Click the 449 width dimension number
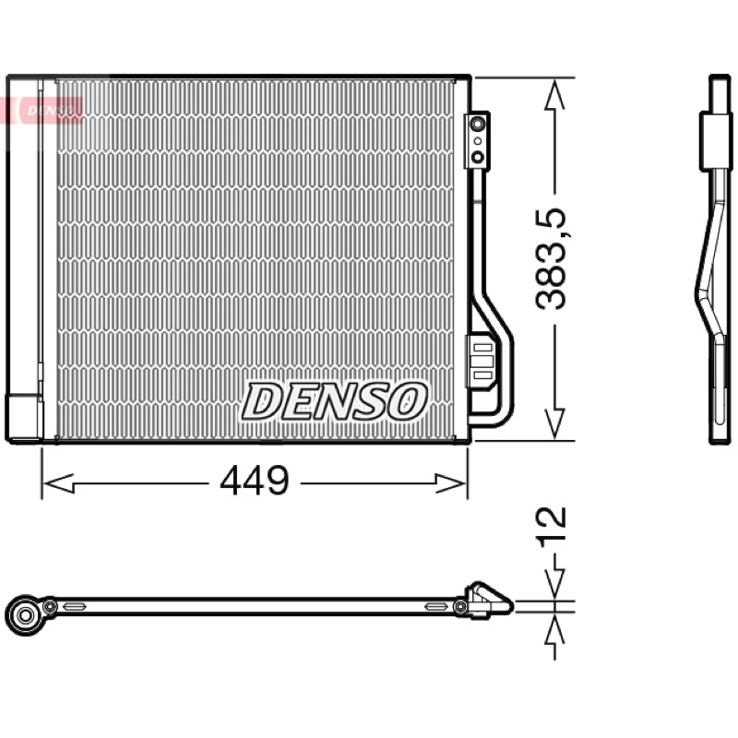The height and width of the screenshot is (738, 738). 255,480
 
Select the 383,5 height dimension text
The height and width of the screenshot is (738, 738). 551,258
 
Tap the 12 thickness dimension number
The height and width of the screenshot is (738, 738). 551,527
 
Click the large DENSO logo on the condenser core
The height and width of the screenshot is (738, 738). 334,401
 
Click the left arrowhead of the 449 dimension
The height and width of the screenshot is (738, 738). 58,483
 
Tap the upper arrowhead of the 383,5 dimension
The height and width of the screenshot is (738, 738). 554,94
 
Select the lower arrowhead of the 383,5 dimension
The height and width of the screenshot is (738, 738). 554,423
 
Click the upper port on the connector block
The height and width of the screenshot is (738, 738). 478,125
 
